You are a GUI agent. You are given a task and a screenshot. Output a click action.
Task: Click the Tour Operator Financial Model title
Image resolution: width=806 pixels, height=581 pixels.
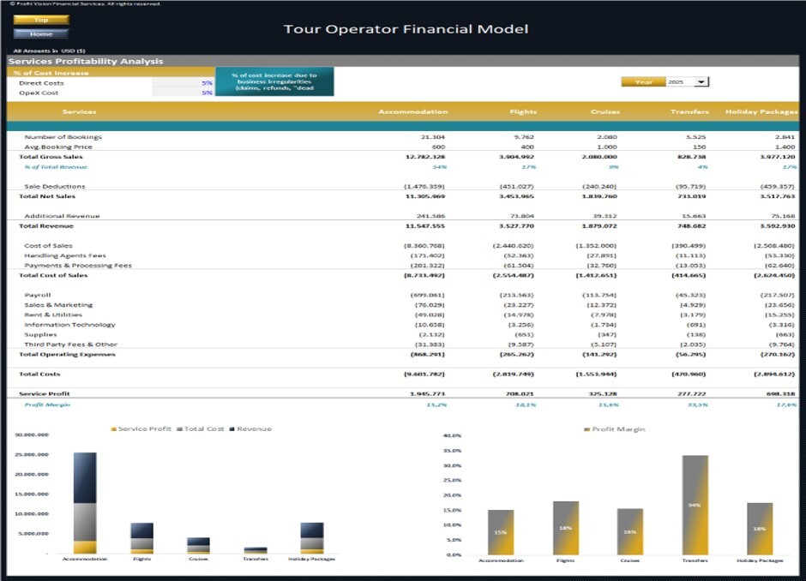point(406,29)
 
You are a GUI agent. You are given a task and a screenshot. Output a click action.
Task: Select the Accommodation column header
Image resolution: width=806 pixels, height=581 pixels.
point(413,111)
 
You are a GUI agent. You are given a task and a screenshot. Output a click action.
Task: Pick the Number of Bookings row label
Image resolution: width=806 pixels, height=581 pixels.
point(63,137)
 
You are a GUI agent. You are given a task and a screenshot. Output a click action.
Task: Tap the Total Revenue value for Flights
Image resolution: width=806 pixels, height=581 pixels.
point(514,226)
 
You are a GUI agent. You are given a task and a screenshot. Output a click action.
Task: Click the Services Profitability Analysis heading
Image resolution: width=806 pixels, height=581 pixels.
point(86,62)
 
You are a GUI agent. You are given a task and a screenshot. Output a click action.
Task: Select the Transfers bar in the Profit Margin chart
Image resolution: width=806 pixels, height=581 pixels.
point(695,505)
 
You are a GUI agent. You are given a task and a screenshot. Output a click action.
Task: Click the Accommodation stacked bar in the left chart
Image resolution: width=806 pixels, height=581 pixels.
point(85,502)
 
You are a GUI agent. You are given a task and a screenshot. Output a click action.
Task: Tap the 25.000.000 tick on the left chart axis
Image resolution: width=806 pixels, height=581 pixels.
point(32,455)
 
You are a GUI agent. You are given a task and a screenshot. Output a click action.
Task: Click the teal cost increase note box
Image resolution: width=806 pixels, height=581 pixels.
point(274,82)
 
